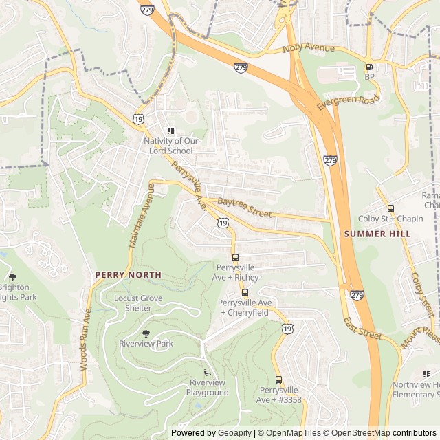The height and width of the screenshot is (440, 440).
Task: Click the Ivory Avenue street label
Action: (x=309, y=49)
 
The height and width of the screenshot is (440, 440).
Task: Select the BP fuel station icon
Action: (x=369, y=67)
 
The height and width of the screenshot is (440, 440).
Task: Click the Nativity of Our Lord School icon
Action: (x=170, y=131)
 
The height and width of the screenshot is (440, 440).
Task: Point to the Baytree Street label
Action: (x=244, y=208)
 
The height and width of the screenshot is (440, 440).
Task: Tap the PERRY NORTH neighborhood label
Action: (x=128, y=274)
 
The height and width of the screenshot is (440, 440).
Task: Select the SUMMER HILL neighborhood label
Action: (x=377, y=234)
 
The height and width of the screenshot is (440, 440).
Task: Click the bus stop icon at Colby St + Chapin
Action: (x=390, y=208)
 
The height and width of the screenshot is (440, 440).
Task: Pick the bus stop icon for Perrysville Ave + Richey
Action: (x=236, y=256)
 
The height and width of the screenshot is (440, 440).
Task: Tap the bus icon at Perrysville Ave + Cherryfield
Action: (x=245, y=292)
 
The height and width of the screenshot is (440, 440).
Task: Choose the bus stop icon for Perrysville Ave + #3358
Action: (x=278, y=379)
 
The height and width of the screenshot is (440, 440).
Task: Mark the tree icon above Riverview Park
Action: (x=146, y=331)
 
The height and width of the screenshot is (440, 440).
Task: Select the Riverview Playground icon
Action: (x=207, y=372)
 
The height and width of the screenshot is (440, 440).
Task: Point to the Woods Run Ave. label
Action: (x=87, y=339)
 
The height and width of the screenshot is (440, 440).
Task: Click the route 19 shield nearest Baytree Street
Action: (x=223, y=223)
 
